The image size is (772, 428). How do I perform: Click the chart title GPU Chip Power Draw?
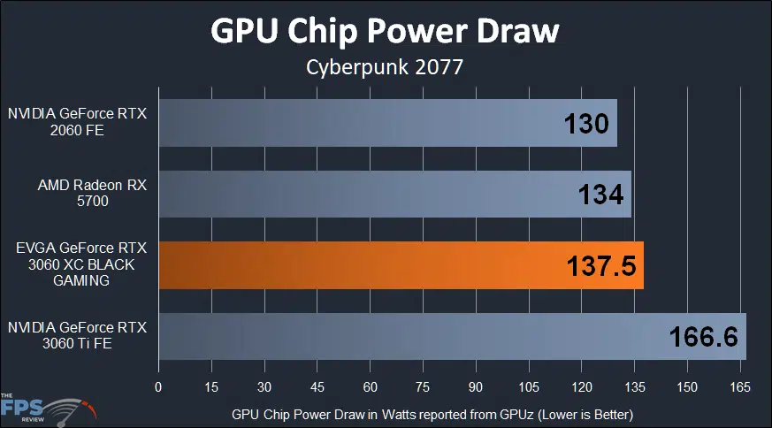[385, 31]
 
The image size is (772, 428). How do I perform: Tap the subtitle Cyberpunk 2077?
[385, 68]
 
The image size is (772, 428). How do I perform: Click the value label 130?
[586, 124]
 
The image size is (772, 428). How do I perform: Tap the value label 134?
[600, 195]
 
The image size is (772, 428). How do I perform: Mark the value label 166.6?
[704, 336]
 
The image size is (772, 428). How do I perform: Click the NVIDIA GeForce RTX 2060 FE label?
[77, 123]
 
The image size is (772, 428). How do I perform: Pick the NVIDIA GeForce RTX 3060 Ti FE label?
[77, 335]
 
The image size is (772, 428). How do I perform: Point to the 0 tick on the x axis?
[158, 387]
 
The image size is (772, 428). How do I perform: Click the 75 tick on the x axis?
[423, 387]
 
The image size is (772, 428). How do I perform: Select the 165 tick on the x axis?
[740, 387]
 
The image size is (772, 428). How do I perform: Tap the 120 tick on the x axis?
[582, 387]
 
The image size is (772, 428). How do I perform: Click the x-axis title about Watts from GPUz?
[433, 414]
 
